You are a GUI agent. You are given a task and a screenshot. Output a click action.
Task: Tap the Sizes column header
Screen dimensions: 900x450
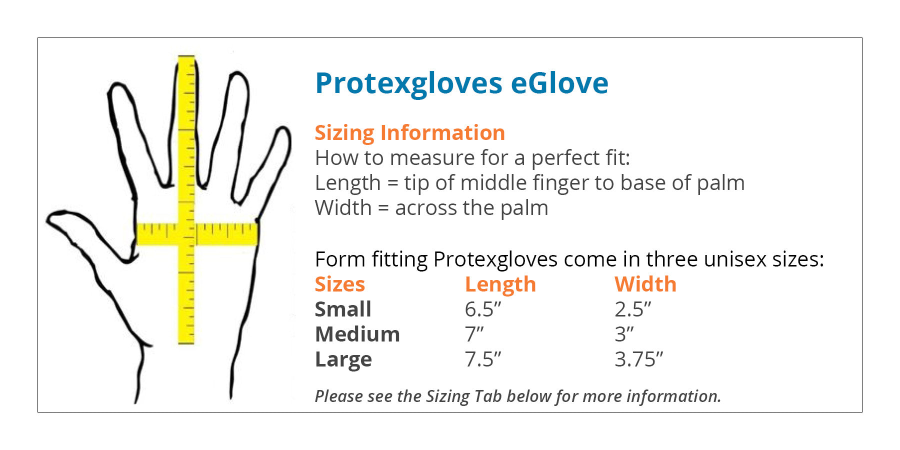click(340, 284)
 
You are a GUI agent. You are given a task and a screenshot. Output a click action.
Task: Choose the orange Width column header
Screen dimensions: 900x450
click(645, 284)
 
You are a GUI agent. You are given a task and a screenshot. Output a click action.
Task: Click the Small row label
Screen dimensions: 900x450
click(343, 309)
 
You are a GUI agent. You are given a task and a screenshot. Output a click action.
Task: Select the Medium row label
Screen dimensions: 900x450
click(357, 334)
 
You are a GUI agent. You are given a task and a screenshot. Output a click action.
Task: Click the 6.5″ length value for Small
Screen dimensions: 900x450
click(483, 309)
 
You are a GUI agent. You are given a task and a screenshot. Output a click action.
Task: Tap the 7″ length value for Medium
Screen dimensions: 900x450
click(474, 334)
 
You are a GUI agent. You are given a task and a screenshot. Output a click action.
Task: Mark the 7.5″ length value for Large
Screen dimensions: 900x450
click(483, 359)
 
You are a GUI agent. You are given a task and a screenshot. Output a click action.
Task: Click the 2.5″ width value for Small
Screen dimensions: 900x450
click(633, 309)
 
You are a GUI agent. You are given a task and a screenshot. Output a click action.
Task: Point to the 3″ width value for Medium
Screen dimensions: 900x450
click(624, 334)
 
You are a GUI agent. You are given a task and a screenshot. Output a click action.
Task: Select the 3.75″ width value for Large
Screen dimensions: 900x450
click(639, 359)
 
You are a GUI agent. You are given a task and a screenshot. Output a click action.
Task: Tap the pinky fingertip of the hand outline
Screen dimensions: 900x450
click(285, 130)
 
